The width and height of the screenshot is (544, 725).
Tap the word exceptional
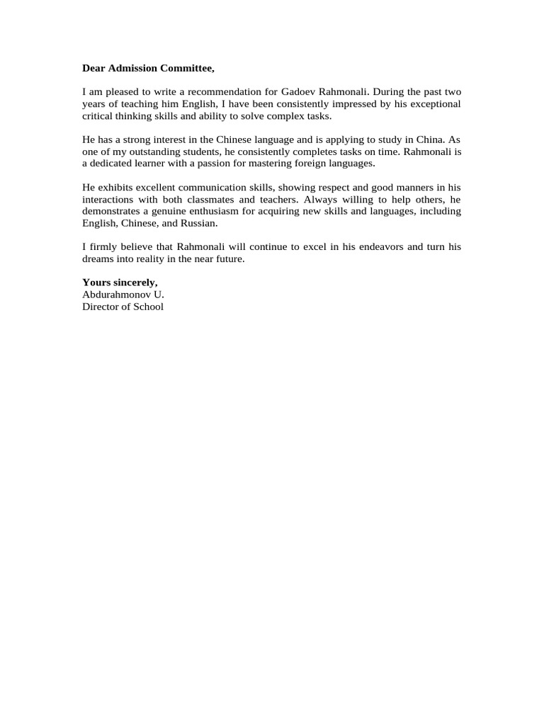[x=435, y=104]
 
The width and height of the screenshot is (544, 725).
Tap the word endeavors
[x=374, y=247]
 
